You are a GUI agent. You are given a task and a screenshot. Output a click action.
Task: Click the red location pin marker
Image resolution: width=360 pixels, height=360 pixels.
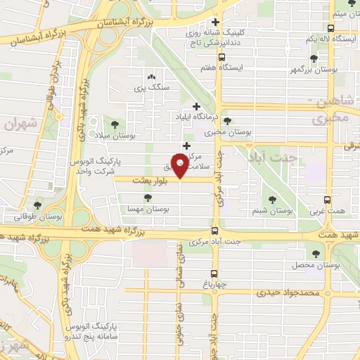[181, 167]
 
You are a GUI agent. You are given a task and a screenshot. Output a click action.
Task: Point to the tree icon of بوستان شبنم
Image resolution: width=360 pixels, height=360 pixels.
[273, 198]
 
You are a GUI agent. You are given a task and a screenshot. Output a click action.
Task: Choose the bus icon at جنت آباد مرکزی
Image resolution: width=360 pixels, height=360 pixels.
[214, 231]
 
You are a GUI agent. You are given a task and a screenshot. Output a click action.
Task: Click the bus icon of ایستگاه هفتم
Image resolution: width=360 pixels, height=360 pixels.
[222, 58]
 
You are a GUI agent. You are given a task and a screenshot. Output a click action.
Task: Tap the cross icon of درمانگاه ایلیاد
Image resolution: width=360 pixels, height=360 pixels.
[196, 106]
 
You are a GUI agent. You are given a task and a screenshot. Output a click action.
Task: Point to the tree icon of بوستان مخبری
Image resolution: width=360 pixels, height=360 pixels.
[226, 121]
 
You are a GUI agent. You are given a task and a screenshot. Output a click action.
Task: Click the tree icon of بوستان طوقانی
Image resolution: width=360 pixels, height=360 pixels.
[37, 205]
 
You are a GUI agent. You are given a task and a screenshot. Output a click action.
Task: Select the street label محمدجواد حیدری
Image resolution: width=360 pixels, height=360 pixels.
[288, 292]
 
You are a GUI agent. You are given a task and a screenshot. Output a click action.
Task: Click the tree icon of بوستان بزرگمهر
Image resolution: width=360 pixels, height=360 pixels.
[313, 58]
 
